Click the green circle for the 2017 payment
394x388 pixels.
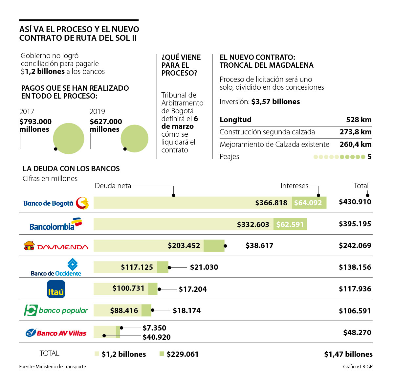pyautogui.click(x=69, y=138)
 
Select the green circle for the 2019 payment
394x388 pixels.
pyautogui.click(x=135, y=138)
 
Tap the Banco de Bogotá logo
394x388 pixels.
pyautogui.click(x=56, y=203)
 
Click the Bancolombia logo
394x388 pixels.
pyautogui.click(x=55, y=224)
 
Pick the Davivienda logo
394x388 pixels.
pyautogui.click(x=56, y=246)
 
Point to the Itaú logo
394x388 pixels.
pyautogui.click(x=56, y=289)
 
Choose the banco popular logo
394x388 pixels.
pyautogui.click(x=56, y=310)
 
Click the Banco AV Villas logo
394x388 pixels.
pyautogui.click(x=56, y=333)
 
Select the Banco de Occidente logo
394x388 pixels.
pyautogui.click(x=56, y=267)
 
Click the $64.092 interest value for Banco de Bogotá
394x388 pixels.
pyautogui.click(x=308, y=203)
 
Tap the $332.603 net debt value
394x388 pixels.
pyautogui.click(x=253, y=225)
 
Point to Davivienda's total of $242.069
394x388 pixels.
pyautogui.click(x=355, y=246)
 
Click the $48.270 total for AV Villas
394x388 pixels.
pyautogui.click(x=357, y=333)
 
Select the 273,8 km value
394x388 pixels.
pyautogui.click(x=356, y=132)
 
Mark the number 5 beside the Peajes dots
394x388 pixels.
pyautogui.click(x=369, y=157)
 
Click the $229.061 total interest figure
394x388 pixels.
pyautogui.click(x=183, y=354)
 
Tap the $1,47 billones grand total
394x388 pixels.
pyautogui.click(x=348, y=354)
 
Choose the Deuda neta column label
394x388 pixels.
pyautogui.click(x=113, y=186)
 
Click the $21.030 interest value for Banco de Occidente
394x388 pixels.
pyautogui.click(x=204, y=267)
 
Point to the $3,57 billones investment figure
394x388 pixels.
pyautogui.click(x=275, y=102)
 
